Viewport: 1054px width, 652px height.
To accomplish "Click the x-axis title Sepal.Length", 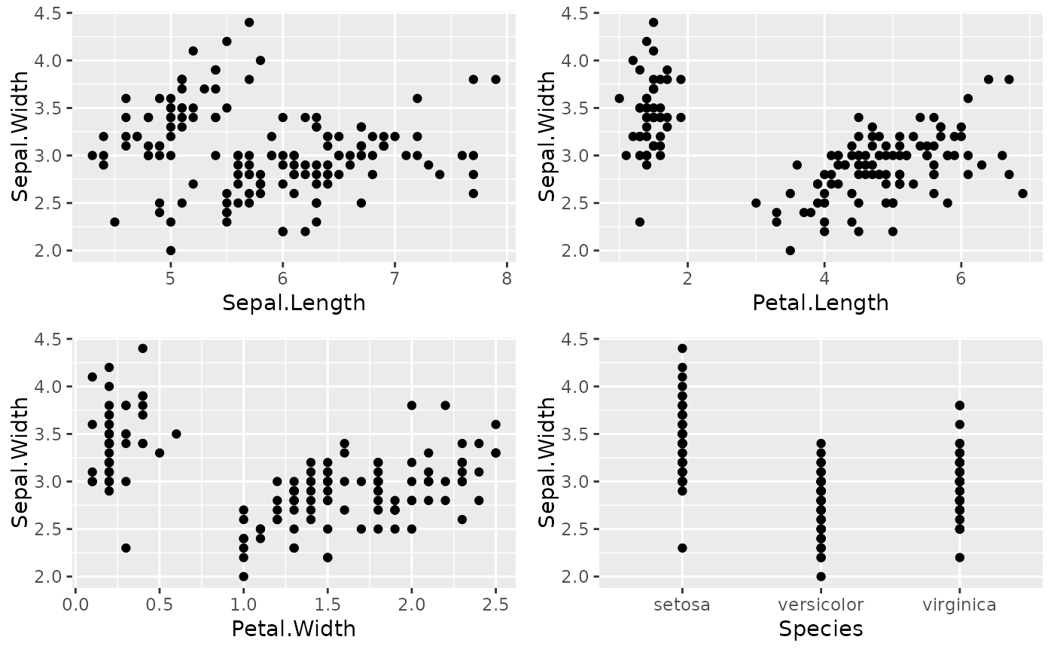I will (x=294, y=303).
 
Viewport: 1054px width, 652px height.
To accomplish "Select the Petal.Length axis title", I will (x=821, y=303).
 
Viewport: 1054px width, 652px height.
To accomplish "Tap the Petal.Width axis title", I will (x=294, y=629).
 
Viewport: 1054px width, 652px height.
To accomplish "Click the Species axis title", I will (x=821, y=629).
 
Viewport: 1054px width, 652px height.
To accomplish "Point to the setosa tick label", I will (x=682, y=605).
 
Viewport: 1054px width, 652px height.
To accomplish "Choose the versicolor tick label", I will (x=821, y=605).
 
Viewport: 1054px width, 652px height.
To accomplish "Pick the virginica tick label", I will (x=960, y=605).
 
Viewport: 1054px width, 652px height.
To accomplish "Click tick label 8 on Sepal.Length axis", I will (x=507, y=279).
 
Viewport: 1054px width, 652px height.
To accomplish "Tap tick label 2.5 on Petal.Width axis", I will (x=495, y=605).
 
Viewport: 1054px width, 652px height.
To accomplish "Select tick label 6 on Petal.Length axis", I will (x=961, y=279).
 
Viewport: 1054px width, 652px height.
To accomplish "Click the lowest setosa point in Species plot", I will (x=682, y=548).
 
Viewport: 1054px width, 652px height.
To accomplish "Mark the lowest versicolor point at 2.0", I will (x=821, y=577).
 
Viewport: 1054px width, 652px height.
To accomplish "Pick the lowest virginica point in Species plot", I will (x=960, y=558).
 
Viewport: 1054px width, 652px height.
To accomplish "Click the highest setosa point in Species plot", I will (x=682, y=349).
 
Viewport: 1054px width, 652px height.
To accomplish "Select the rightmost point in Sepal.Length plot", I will (x=495, y=79).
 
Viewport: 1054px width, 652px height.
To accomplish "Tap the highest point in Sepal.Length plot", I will (x=249, y=23).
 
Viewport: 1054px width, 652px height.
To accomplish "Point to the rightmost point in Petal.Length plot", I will (x=1022, y=193).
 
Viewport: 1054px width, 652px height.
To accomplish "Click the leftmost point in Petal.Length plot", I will (x=619, y=99).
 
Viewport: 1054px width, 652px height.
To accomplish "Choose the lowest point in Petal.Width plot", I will (x=243, y=577).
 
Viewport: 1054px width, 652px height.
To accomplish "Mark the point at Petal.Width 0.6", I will (x=176, y=434).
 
